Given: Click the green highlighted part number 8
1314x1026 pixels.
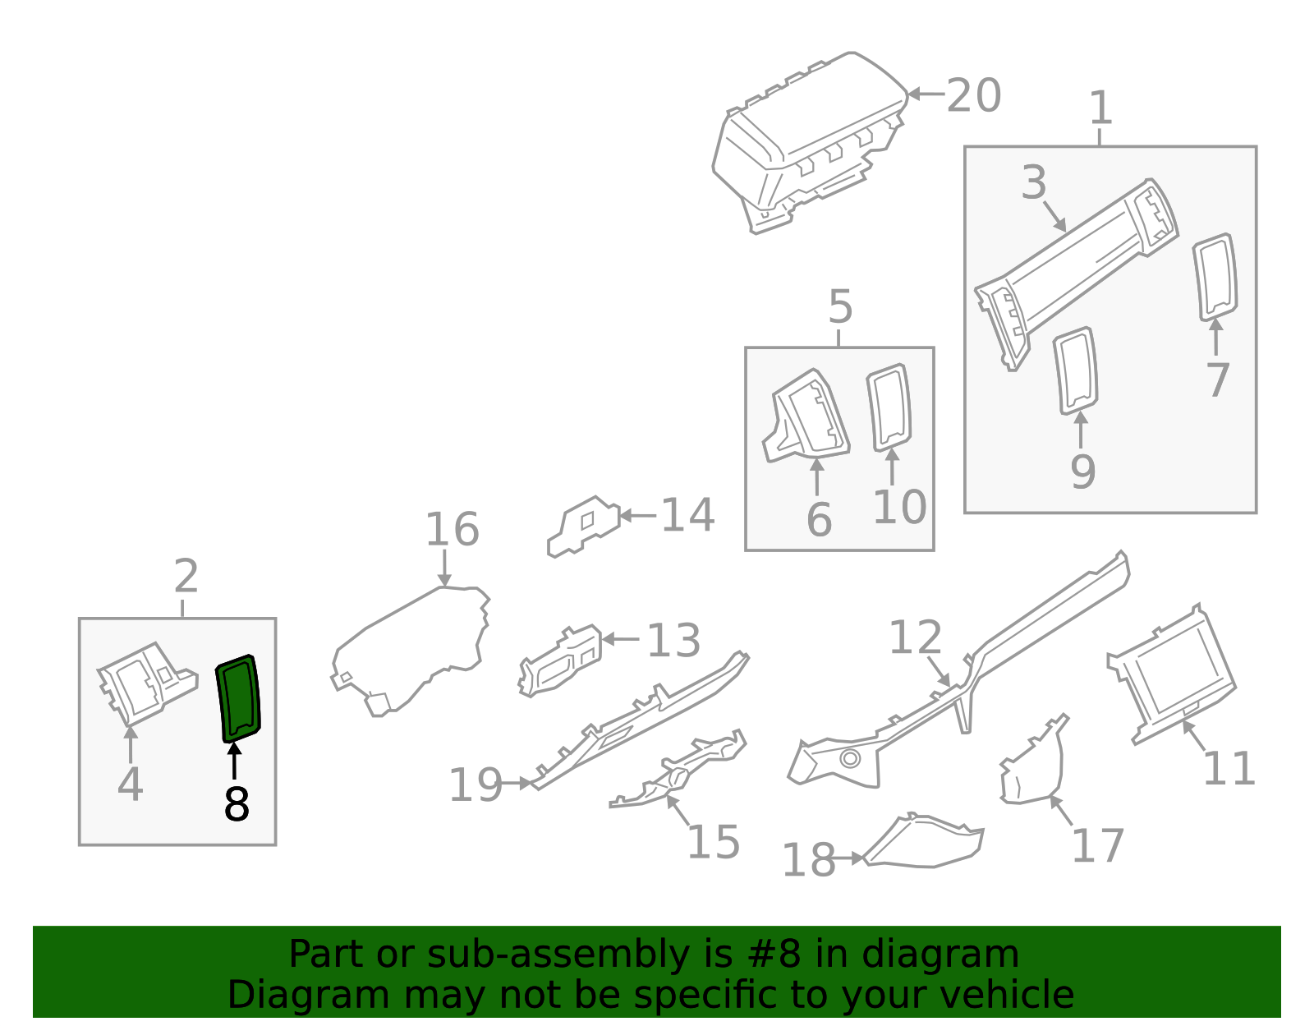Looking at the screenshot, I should coord(238,698).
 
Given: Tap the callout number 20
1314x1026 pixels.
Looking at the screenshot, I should coord(974,96).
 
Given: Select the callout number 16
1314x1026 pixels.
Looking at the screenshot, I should coord(452,530).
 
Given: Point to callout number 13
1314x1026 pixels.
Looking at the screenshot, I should coord(673,641).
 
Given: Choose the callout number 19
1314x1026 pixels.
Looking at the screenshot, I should coord(476,785).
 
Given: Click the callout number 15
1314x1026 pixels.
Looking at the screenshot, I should coord(713,842).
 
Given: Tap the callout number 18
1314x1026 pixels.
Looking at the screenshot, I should coord(808,861).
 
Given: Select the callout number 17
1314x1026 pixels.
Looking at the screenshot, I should coord(1097,846).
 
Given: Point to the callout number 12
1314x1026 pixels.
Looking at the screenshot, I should coord(916,638).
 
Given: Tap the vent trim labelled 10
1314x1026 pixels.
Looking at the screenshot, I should coord(889,407).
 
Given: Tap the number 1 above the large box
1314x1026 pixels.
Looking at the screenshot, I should coord(1100,109).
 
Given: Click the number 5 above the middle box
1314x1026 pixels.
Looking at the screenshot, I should coord(840,308).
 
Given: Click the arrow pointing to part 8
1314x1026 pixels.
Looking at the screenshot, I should coord(235,760).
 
